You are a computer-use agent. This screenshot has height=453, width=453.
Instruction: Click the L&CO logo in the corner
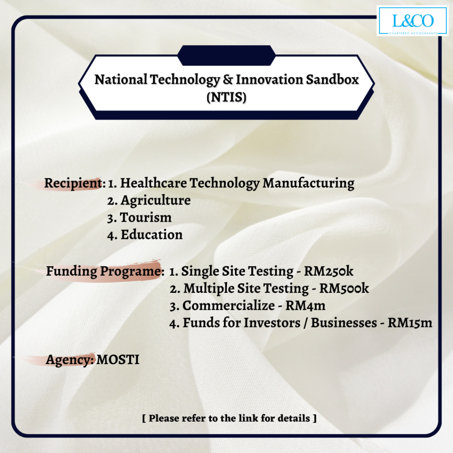[413, 21]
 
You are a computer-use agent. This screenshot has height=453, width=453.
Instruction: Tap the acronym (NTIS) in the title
[226, 97]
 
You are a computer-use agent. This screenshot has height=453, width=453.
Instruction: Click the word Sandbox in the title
[332, 80]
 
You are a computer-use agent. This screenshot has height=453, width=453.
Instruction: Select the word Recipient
[73, 184]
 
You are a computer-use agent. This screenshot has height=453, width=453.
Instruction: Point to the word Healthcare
[154, 183]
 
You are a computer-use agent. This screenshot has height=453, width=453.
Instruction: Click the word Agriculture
[155, 200]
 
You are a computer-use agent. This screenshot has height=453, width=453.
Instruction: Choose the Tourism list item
[146, 218]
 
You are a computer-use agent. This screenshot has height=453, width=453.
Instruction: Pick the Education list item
[151, 234]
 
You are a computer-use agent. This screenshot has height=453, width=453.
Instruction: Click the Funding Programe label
[104, 272]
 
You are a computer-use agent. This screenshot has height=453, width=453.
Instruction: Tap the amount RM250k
[329, 271]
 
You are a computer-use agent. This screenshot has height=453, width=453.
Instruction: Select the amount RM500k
[344, 288]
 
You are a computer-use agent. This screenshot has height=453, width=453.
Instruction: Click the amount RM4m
[305, 306]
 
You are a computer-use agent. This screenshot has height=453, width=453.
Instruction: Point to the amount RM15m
[410, 322]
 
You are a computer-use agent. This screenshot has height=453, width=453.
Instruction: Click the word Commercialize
[229, 306]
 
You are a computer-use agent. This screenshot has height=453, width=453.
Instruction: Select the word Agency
[69, 360]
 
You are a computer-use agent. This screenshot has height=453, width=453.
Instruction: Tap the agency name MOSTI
[118, 360]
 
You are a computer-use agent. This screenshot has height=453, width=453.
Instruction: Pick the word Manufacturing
[308, 184]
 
